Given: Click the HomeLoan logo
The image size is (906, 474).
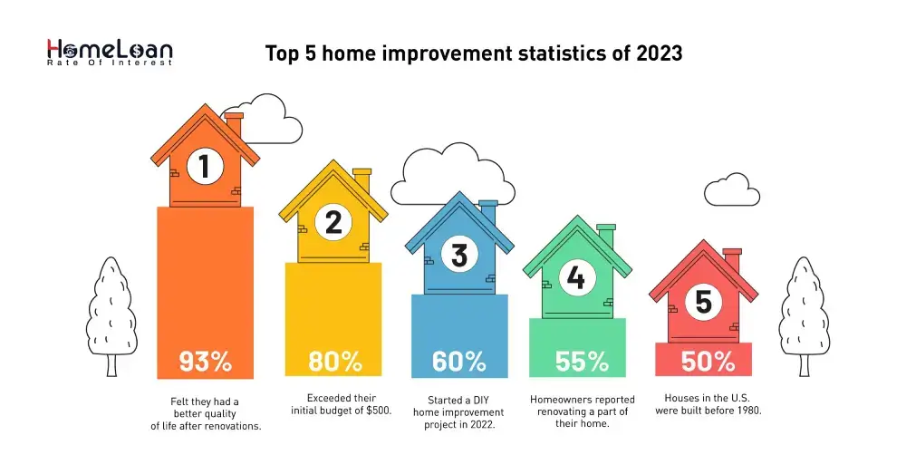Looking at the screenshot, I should tap(109, 53).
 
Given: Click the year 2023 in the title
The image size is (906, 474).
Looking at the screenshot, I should tap(658, 53).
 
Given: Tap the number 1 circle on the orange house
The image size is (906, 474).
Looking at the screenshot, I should tap(205, 166).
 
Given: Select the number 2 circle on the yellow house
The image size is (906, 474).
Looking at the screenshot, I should tap(333, 222).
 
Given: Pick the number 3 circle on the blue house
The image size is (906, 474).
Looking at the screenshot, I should tap(459, 256).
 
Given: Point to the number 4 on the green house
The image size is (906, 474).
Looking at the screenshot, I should tap(576, 278).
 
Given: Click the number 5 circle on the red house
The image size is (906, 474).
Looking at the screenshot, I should tap(704, 301).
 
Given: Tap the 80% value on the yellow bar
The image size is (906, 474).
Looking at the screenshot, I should tap(334, 362).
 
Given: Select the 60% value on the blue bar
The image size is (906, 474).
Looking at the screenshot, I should tap(459, 362).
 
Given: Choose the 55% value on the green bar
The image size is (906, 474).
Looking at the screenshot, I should tap(582, 362).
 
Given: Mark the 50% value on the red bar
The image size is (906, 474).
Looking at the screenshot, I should tap(708, 362).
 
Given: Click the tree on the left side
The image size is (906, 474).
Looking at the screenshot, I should tap(111, 313).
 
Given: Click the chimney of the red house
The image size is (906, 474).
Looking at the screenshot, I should tap(732, 261).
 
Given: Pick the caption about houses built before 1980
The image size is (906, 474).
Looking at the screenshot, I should tap(708, 404).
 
